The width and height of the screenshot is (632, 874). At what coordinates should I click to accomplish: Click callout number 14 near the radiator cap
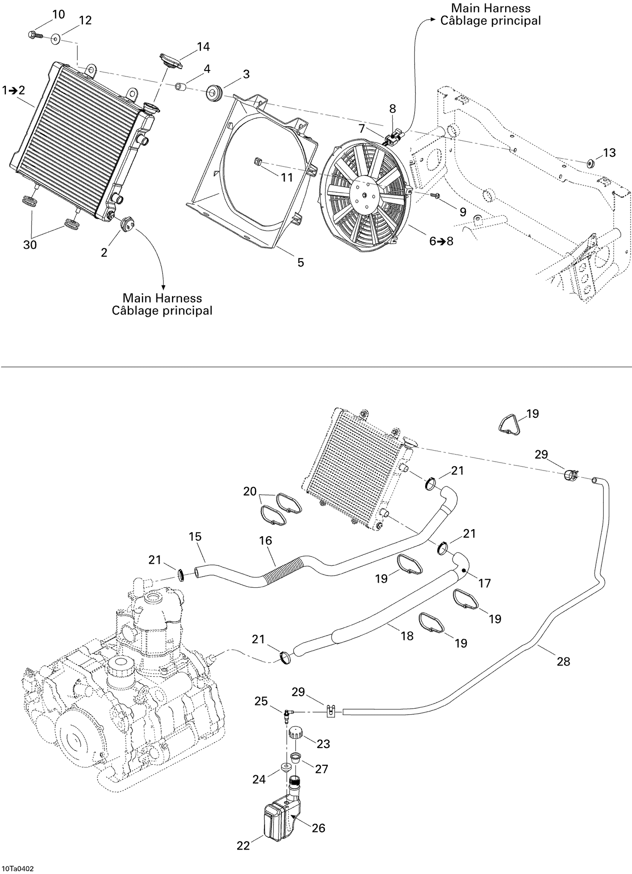(203, 46)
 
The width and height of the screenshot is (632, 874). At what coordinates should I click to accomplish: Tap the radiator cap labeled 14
(171, 61)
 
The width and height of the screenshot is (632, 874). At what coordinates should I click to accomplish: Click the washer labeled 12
(56, 40)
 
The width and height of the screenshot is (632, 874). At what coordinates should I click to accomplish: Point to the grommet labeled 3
(215, 92)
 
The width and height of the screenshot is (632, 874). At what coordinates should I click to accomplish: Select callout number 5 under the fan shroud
(300, 262)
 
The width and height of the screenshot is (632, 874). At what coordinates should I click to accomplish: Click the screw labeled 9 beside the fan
(436, 196)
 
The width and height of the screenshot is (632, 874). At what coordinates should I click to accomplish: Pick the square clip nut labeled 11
(258, 161)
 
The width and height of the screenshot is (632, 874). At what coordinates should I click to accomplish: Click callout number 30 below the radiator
(30, 245)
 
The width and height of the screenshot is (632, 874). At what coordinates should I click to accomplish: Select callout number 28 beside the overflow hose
(563, 662)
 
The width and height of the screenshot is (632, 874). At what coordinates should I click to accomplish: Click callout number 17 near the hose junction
(485, 583)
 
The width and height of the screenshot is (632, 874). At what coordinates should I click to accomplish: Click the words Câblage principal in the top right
(490, 21)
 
